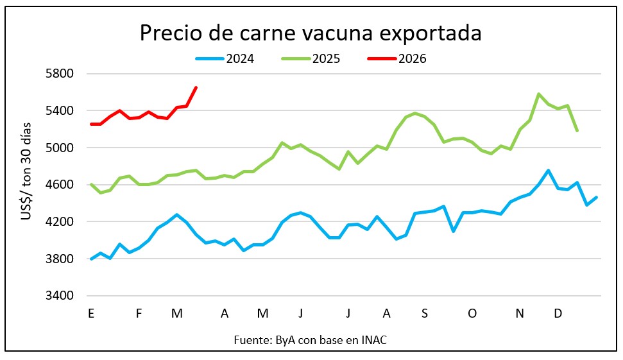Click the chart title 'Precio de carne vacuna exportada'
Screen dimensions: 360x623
pyautogui.click(x=311, y=33)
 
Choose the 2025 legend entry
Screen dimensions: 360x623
pyautogui.click(x=311, y=59)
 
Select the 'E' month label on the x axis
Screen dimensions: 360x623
pyautogui.click(x=91, y=314)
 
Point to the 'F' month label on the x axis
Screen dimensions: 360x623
pyautogui.click(x=139, y=314)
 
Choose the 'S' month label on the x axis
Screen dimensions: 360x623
pyautogui.click(x=425, y=314)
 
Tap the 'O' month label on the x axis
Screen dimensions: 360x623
pyautogui.click(x=472, y=314)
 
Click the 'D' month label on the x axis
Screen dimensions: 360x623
pyautogui.click(x=558, y=314)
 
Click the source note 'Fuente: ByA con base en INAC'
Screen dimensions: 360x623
pyautogui.click(x=311, y=340)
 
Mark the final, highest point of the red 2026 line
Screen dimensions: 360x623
pyautogui.click(x=196, y=87)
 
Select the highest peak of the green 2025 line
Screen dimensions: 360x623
pyautogui.click(x=538, y=94)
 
